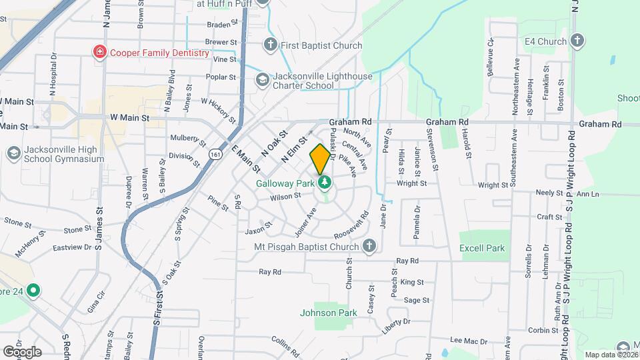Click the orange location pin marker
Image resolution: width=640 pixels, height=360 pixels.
320,159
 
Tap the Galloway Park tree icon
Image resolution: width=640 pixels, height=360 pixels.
325,182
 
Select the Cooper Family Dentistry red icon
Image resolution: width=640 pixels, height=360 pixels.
100,52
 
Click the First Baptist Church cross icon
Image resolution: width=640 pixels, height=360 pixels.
270,45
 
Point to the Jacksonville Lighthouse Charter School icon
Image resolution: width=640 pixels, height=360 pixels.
263,81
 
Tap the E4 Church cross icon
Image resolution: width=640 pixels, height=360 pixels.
577,41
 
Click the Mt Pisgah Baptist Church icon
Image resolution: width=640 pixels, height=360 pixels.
368,247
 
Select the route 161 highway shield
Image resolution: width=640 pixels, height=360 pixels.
215,154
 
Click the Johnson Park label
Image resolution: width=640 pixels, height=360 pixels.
328,312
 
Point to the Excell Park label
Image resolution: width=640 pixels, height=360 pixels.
482,248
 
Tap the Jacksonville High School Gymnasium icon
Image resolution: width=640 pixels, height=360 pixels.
13,154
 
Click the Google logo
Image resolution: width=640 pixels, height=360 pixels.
21,351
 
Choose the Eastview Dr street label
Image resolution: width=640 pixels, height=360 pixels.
71,247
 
